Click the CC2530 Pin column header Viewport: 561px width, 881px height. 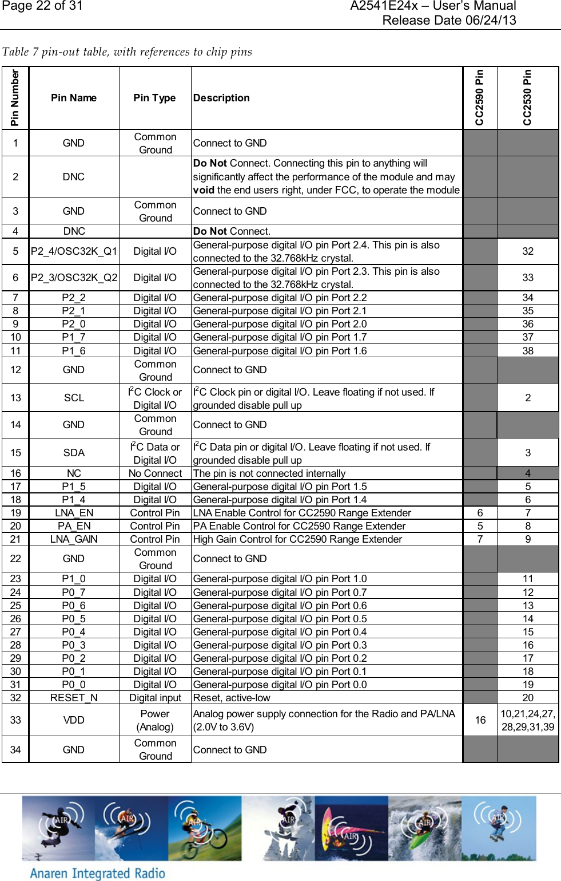pyautogui.click(x=527, y=98)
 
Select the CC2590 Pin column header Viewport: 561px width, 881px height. pyautogui.click(x=480, y=98)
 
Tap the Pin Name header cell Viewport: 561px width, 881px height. pyautogui.click(x=74, y=98)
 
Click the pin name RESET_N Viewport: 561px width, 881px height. pyautogui.click(x=74, y=698)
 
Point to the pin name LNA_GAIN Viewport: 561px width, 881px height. pyautogui.click(x=74, y=539)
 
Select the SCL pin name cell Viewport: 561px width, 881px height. pyautogui.click(x=74, y=398)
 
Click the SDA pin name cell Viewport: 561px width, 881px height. pyautogui.click(x=74, y=453)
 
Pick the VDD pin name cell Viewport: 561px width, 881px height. pyautogui.click(x=74, y=720)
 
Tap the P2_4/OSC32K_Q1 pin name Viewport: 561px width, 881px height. pyautogui.click(x=74, y=251)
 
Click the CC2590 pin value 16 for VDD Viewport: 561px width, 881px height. pyautogui.click(x=480, y=720)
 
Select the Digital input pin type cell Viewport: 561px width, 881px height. pyautogui.click(x=155, y=698)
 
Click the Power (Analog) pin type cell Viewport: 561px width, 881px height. pyautogui.click(x=155, y=720)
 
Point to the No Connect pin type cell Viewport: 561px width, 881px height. pyautogui.click(x=155, y=473)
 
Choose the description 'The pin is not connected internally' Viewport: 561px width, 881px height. pyautogui.click(x=269, y=473)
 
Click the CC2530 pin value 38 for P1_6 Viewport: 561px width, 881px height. pyautogui.click(x=528, y=351)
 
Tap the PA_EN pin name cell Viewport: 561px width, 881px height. pyautogui.click(x=74, y=526)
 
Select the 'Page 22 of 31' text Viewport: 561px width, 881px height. pyautogui.click(x=43, y=6)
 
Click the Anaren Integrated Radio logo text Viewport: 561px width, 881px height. pyautogui.click(x=97, y=873)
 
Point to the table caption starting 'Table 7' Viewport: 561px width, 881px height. pyautogui.click(x=127, y=52)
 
